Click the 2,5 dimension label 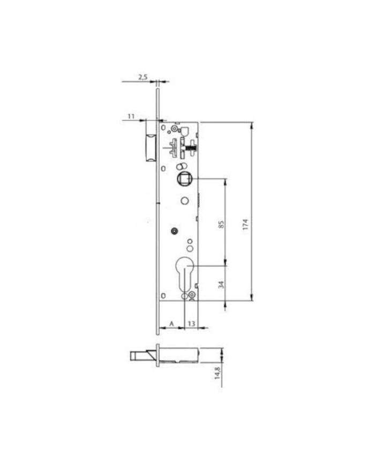(x=143, y=77)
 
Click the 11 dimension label (x=131, y=116)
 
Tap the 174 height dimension (x=245, y=225)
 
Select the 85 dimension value (x=221, y=224)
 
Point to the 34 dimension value (x=221, y=285)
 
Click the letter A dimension (x=171, y=324)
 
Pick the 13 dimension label (x=191, y=323)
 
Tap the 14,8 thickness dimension (x=217, y=373)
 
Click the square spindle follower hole (x=185, y=179)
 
